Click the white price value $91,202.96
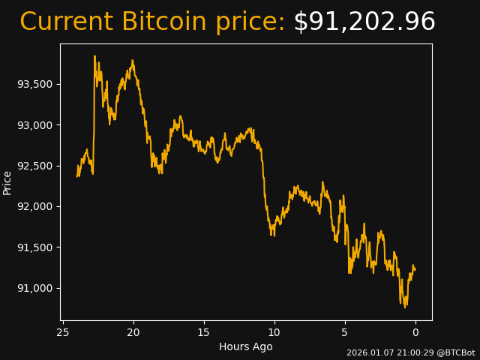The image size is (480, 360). click(x=364, y=22)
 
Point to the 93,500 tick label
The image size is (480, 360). click(x=35, y=84)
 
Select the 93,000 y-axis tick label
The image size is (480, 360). click(x=35, y=124)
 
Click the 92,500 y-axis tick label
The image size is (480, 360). click(x=35, y=166)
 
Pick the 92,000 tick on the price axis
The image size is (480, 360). click(x=35, y=206)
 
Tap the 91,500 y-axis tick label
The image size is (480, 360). click(x=35, y=247)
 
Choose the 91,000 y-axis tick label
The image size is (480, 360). click(x=35, y=288)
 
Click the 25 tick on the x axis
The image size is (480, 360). click(x=63, y=331)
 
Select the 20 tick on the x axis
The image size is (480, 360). click(x=133, y=331)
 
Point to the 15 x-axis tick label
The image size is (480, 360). click(x=204, y=331)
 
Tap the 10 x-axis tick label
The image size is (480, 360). click(x=274, y=331)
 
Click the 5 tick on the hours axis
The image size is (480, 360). click(x=345, y=331)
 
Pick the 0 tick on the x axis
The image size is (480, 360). click(x=415, y=331)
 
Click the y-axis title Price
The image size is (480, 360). click(x=7, y=182)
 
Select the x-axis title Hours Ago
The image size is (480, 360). click(x=246, y=346)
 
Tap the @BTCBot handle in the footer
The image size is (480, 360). click(x=456, y=352)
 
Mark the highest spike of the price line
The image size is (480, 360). click(x=94, y=56)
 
